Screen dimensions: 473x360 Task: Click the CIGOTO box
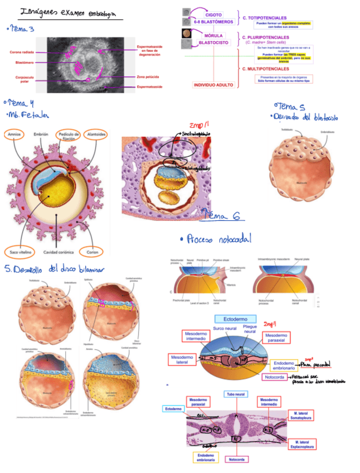[214, 15]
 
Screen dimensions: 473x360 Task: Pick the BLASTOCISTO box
[215, 42]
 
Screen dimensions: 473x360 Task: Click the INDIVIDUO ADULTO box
[213, 85]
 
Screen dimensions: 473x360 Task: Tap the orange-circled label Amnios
[15, 135]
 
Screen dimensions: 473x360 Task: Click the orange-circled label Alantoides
[97, 135]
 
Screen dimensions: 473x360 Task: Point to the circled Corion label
[91, 251]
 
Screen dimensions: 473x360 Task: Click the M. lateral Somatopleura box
[303, 415]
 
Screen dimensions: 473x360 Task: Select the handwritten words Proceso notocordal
[216, 239]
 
